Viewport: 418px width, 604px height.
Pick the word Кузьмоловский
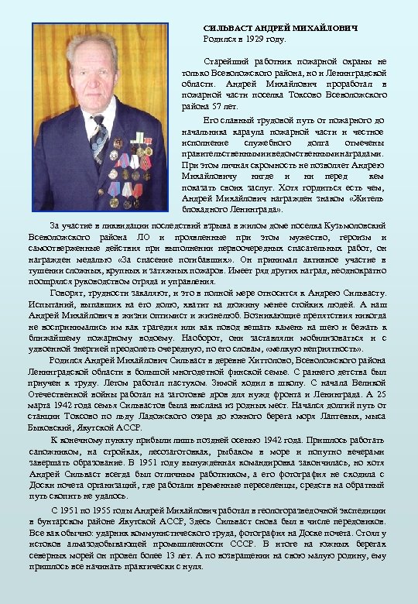tap(353, 225)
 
